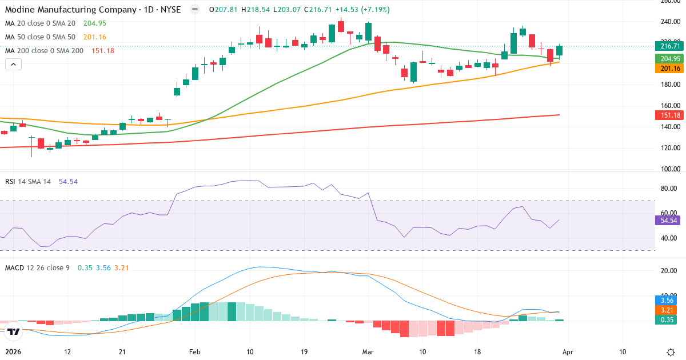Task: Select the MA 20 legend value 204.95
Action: tap(94, 23)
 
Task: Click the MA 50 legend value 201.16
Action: tap(94, 37)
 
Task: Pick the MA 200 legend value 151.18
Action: tap(103, 51)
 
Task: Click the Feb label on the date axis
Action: tap(196, 352)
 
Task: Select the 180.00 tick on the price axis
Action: tap(669, 85)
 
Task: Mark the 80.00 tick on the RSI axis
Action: tap(669, 189)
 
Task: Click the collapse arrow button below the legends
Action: tap(13, 65)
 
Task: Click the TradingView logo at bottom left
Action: tap(14, 331)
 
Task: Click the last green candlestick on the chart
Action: tap(560, 51)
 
